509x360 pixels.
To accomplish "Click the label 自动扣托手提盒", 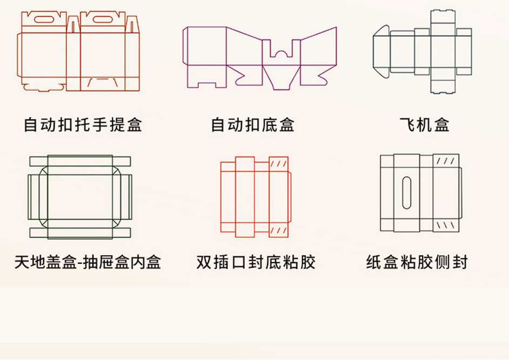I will (83, 125).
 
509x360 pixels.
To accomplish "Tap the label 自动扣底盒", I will (253, 125).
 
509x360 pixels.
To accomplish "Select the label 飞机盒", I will (425, 125).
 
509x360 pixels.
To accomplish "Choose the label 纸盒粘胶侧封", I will (417, 263).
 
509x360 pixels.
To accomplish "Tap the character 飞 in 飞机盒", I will (407, 125).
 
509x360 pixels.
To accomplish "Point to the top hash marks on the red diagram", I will (278, 163).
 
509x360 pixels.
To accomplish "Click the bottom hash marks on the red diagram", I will (278, 230).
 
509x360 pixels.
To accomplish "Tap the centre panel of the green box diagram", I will (80, 197).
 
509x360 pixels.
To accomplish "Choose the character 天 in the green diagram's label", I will (22, 263).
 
